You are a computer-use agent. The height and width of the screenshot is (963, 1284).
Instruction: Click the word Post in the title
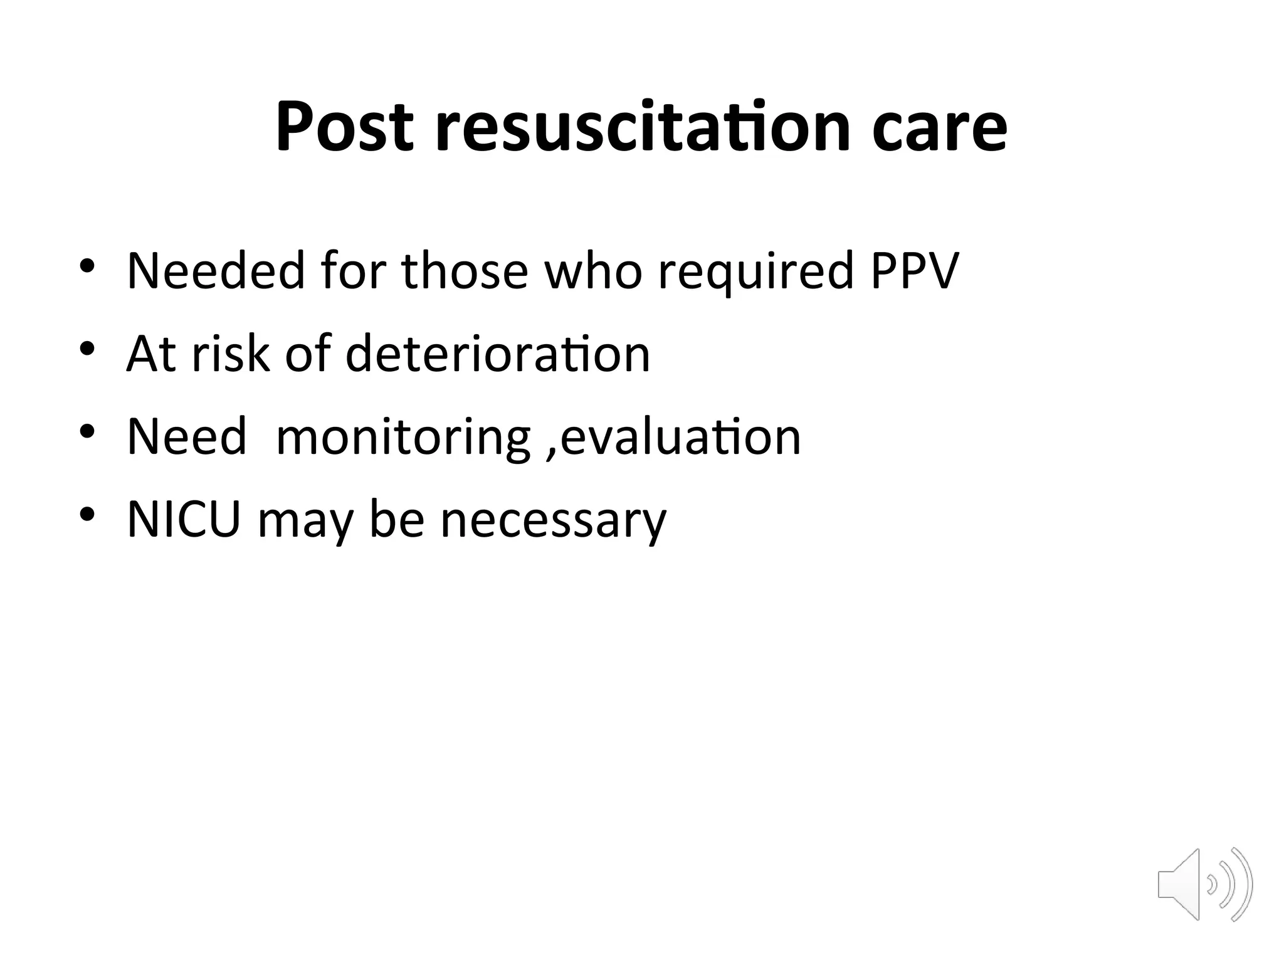(344, 127)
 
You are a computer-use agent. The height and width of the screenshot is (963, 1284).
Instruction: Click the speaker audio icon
(1204, 885)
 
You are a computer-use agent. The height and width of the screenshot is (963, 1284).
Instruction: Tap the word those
(465, 271)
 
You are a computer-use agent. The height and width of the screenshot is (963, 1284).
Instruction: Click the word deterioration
(497, 354)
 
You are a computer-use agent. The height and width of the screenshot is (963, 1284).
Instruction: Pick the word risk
(230, 354)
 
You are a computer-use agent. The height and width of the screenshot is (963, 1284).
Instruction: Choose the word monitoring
(403, 438)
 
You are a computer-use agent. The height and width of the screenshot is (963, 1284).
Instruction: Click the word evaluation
(680, 436)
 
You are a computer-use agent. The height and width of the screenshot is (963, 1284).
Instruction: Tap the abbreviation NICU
(184, 519)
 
